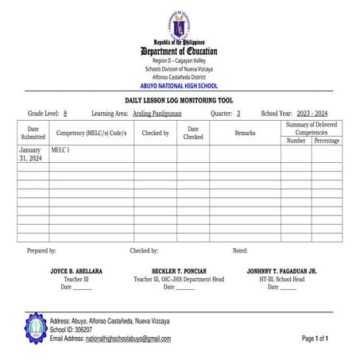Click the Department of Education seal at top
pos(180,25)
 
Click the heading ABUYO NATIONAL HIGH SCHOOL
pos(179,85)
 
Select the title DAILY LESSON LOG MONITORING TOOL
pos(180,101)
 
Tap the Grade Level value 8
pos(65,114)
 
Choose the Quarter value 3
pos(238,114)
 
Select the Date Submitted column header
pos(33,133)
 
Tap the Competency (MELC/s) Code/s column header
pos(91,133)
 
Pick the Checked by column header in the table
pos(155,133)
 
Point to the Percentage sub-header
pos(327,141)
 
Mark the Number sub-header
pos(296,141)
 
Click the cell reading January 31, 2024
pos(32,154)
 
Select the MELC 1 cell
pos(60,149)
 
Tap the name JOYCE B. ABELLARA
pos(76,271)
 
